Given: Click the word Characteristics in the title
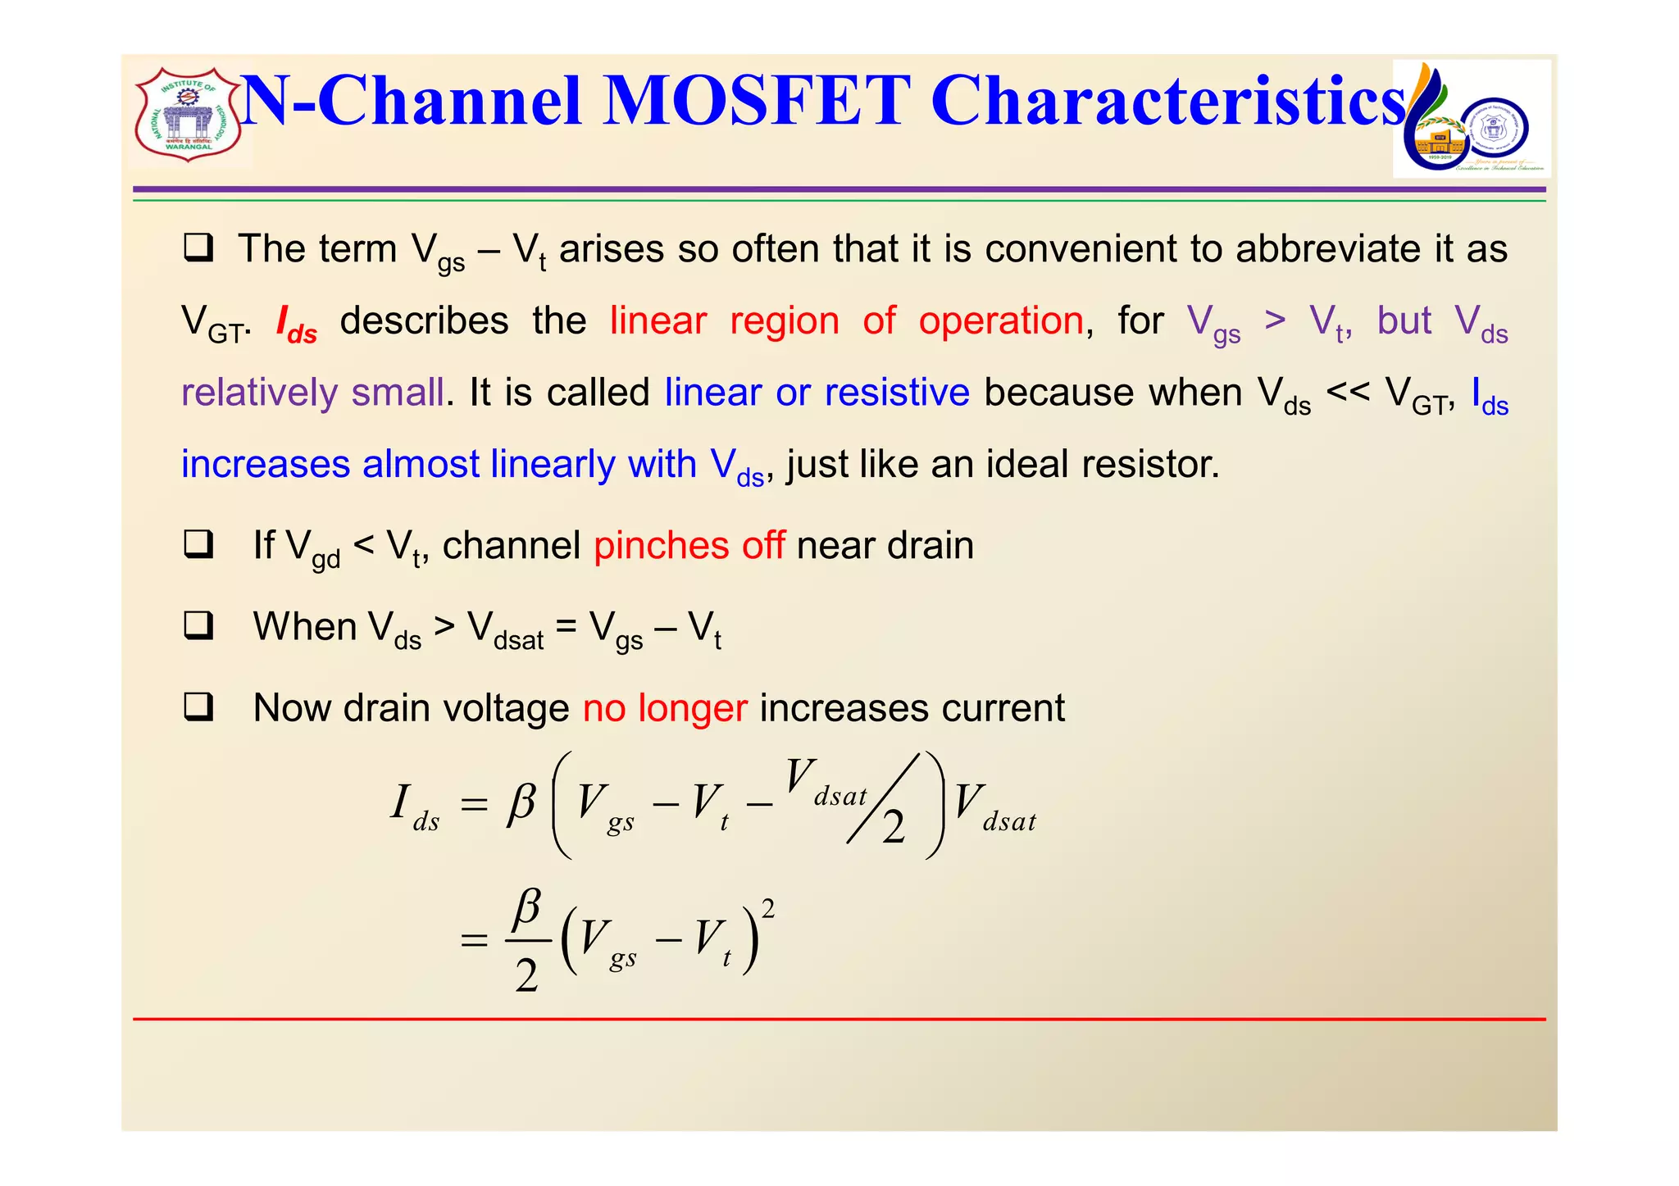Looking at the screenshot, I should click(1168, 102).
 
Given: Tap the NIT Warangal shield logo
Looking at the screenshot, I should click(189, 115).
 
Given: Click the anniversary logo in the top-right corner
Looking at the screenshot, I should click(1472, 119).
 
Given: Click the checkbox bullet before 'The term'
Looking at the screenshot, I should click(198, 248).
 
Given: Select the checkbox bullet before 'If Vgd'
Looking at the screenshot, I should click(198, 544).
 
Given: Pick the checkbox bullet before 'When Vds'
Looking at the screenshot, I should click(198, 625).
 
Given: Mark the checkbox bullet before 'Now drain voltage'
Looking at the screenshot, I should click(198, 707).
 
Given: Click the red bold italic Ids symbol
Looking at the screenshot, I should click(296, 323).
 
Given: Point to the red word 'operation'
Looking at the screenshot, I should click(1001, 320).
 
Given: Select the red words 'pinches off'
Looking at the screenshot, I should click(689, 546).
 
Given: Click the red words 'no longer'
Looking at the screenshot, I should click(665, 708).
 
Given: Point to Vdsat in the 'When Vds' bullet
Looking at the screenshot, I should click(505, 629).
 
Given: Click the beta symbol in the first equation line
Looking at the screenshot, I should click(521, 803).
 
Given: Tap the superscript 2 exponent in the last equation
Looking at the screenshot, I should click(768, 908).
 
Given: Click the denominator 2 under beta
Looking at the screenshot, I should click(526, 975).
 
